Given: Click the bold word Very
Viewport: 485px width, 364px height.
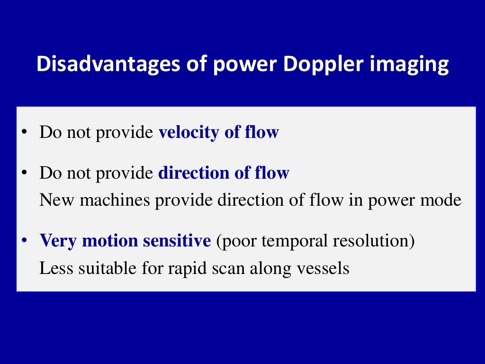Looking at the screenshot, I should [59, 241].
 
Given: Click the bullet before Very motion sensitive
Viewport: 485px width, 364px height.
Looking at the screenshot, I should [24, 241].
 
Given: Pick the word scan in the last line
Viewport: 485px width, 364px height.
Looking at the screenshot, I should [222, 268].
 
